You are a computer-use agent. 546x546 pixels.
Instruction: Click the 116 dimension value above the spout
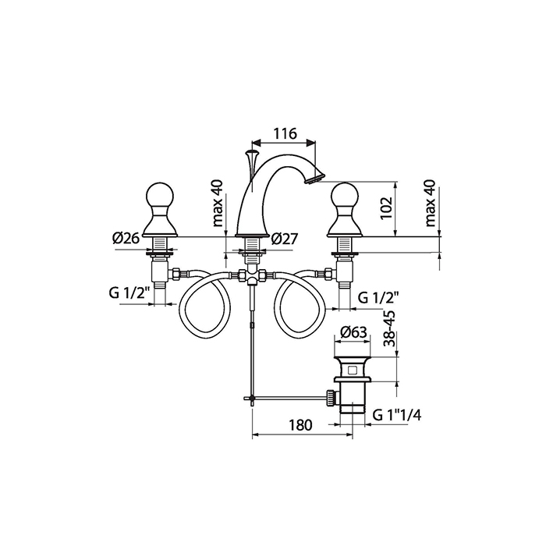(x=285, y=133)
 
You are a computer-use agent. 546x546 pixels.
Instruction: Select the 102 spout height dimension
(x=386, y=208)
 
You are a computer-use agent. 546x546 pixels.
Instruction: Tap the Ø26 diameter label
(x=126, y=238)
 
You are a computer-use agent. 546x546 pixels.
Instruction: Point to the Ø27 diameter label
(x=285, y=239)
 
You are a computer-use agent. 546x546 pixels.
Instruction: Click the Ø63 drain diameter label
(x=353, y=332)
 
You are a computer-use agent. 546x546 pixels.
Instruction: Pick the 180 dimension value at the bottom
(x=300, y=425)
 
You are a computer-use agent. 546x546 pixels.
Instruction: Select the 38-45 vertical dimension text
(x=391, y=328)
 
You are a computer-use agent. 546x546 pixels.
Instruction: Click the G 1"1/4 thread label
(x=396, y=415)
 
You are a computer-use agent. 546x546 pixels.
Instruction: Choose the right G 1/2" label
(x=378, y=297)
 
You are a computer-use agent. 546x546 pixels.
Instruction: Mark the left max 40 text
(x=218, y=204)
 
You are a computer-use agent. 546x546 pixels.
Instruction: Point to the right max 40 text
(x=431, y=204)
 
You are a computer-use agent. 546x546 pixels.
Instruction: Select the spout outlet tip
(x=314, y=179)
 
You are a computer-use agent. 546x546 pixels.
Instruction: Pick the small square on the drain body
(x=353, y=369)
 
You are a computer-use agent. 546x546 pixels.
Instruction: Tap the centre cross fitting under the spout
(x=252, y=276)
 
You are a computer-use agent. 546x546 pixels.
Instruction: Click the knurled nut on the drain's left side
(x=331, y=398)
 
